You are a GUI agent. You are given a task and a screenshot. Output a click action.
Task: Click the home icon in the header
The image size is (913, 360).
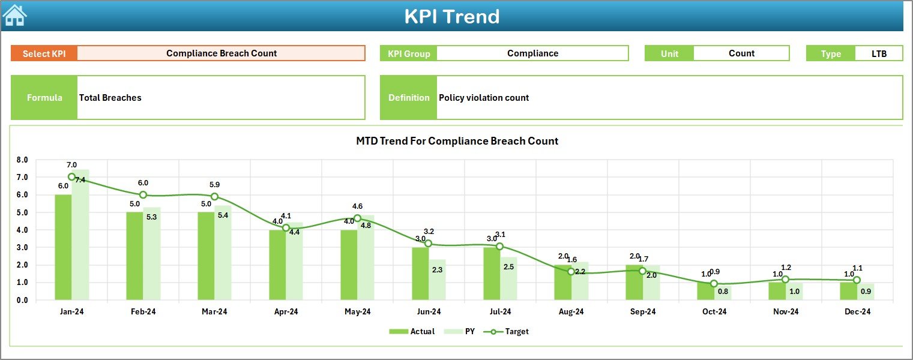point(14,15)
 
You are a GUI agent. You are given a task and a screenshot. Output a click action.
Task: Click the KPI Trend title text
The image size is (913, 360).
point(452,16)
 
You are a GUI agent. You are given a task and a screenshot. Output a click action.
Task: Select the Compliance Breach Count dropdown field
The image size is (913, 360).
point(221,53)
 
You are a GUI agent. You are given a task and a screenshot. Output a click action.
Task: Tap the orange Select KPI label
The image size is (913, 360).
point(44,53)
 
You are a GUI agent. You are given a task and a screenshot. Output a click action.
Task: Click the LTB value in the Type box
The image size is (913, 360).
point(879,53)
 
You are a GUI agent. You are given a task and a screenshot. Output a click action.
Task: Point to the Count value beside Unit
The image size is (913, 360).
point(741,53)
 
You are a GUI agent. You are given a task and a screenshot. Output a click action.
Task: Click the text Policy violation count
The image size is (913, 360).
point(484,98)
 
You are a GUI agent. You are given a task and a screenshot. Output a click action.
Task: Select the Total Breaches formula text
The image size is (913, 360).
point(110,98)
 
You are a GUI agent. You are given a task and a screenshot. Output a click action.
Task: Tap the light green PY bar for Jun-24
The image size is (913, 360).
point(437,280)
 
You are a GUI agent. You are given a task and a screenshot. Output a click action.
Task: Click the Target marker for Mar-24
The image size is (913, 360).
point(214,197)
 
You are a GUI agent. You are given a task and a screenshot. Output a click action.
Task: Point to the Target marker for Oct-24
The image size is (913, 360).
point(714,284)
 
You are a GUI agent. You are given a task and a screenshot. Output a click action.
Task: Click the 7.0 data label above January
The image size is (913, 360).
point(71,165)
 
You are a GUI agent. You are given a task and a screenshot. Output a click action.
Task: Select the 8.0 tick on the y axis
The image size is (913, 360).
point(22,160)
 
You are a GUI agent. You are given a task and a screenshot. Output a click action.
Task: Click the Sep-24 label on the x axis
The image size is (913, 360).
point(642,312)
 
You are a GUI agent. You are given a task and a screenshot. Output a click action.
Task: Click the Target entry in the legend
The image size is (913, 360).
point(510,331)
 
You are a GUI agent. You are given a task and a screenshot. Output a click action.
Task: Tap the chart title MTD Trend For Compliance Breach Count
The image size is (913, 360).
point(457,142)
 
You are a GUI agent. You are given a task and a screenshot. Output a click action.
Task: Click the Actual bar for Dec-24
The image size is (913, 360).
point(848,291)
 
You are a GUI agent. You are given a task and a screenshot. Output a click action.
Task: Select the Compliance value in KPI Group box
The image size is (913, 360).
point(532,53)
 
